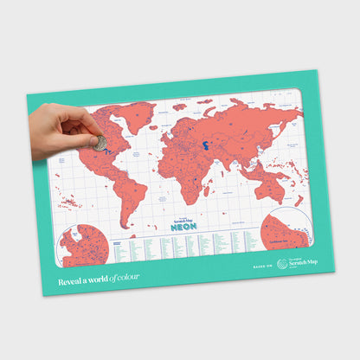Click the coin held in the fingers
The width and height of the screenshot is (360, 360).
coord(100,141)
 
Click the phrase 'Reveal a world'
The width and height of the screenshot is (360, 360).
coord(84,281)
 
